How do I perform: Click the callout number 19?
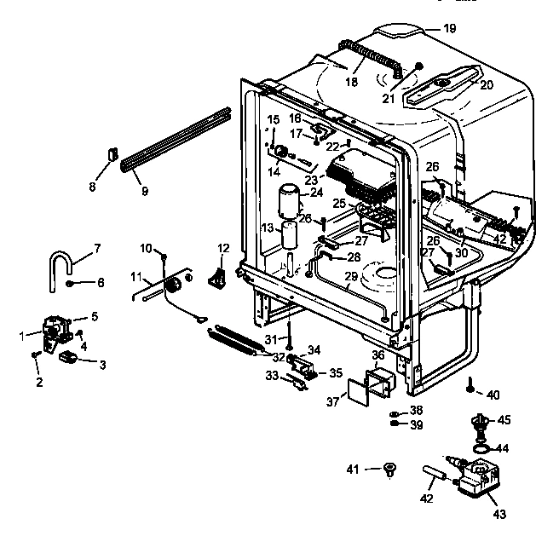(449, 28)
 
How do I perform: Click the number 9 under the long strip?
(144, 191)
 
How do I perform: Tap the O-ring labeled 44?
(481, 446)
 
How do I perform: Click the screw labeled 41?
(389, 468)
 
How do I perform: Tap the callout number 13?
(266, 228)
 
